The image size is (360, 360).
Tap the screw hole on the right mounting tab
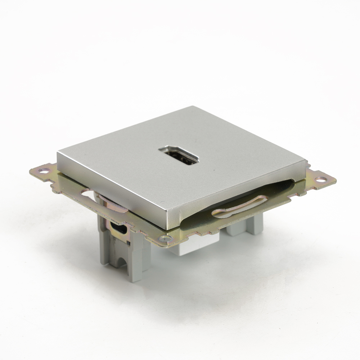(320, 179)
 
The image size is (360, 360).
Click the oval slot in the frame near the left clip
(89, 193)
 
